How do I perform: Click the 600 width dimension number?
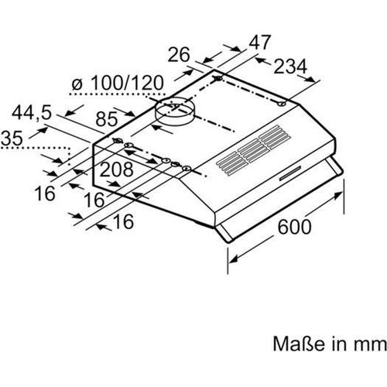tap(294, 227)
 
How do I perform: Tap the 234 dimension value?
tap(290, 67)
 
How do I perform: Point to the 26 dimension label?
tap(179, 54)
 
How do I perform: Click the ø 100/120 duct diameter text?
tap(118, 83)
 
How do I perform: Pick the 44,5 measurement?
tap(32, 114)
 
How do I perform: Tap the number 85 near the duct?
tap(107, 119)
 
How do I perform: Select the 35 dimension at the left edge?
tap(12, 138)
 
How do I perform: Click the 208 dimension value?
tap(116, 170)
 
